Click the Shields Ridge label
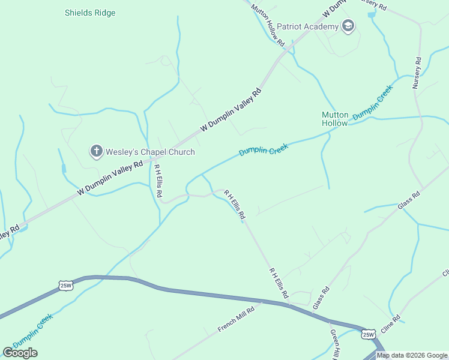click(x=90, y=13)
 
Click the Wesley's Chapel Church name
click(x=151, y=152)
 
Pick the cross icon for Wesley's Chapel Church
click(x=96, y=151)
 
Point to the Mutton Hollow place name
click(x=335, y=119)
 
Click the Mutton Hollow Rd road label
click(x=268, y=25)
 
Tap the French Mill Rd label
click(x=237, y=319)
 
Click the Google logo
click(x=20, y=353)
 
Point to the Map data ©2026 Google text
click(x=412, y=355)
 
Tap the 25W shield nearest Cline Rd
click(x=368, y=333)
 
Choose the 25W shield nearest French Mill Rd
click(x=66, y=286)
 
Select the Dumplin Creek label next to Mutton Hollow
click(x=373, y=103)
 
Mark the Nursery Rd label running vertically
click(x=417, y=73)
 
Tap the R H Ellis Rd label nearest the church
click(x=157, y=177)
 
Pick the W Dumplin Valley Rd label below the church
click(x=110, y=178)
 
